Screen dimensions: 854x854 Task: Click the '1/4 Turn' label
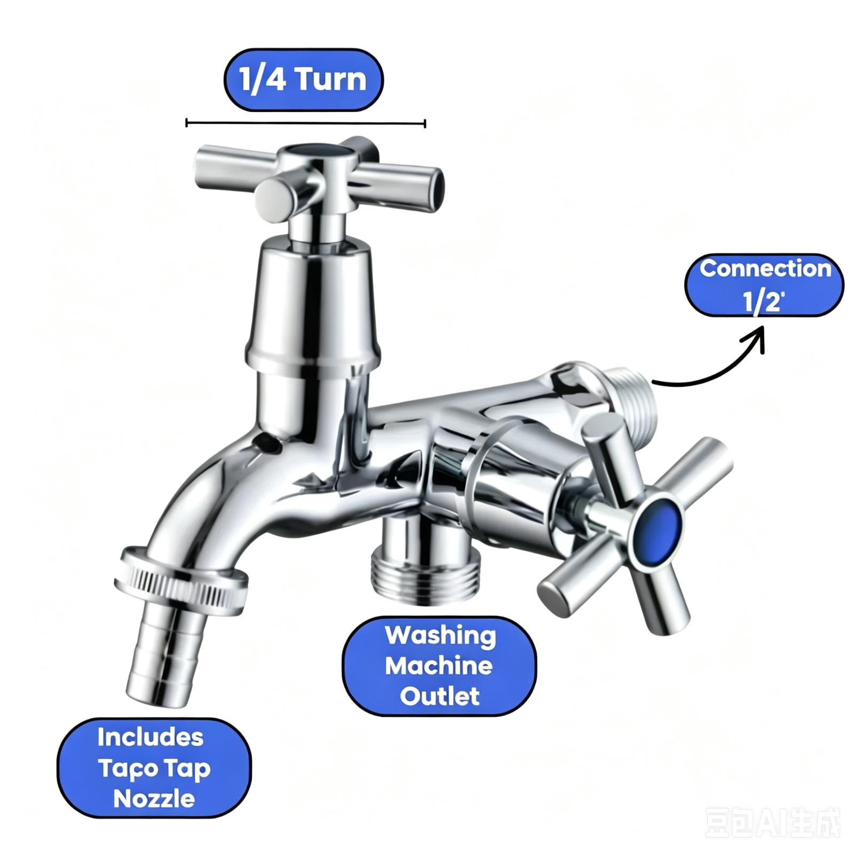click(303, 80)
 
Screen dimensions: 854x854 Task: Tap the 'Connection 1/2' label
click(764, 285)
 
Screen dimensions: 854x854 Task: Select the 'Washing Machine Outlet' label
click(439, 666)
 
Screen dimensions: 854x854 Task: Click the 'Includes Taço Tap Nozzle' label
click(154, 768)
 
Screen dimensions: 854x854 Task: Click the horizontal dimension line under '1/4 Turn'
click(306, 123)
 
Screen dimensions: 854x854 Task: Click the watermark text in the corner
click(772, 824)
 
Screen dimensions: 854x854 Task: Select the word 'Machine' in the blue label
click(439, 666)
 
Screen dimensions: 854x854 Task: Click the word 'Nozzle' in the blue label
click(154, 798)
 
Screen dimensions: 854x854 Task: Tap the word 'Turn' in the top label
click(331, 80)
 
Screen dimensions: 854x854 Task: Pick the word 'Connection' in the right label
click(765, 268)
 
